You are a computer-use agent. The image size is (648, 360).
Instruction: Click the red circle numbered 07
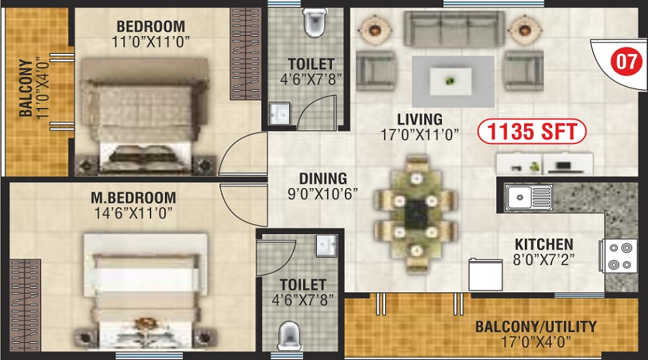click(x=626, y=61)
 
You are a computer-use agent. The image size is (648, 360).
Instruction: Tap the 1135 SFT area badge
click(x=531, y=132)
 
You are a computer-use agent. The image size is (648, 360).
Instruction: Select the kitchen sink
click(x=528, y=197)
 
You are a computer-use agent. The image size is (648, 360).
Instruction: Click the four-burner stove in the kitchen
click(x=618, y=256)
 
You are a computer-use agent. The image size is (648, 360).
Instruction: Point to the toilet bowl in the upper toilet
click(x=315, y=23)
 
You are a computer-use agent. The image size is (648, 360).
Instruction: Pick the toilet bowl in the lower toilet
click(x=289, y=336)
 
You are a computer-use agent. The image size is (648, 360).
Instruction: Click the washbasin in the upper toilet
click(x=279, y=113)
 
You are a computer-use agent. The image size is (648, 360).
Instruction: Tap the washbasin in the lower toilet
click(x=326, y=246)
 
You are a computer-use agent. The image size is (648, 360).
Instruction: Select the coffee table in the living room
click(x=451, y=82)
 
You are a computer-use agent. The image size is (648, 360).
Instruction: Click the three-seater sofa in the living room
click(x=454, y=29)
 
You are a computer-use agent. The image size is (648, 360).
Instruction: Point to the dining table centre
click(x=415, y=214)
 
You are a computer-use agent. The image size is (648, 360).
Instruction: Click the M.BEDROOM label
click(x=133, y=197)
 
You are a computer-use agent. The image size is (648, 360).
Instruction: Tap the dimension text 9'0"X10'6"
click(x=323, y=194)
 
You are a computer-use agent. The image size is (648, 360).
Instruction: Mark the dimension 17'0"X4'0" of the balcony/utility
click(x=536, y=342)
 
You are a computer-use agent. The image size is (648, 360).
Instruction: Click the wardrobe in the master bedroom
click(x=24, y=305)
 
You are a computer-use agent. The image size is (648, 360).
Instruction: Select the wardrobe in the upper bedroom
click(x=246, y=54)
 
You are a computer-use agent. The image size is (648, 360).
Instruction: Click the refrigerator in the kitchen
click(x=485, y=275)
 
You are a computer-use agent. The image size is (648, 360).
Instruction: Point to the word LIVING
click(x=420, y=120)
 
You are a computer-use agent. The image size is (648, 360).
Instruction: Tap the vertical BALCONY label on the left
click(x=26, y=88)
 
